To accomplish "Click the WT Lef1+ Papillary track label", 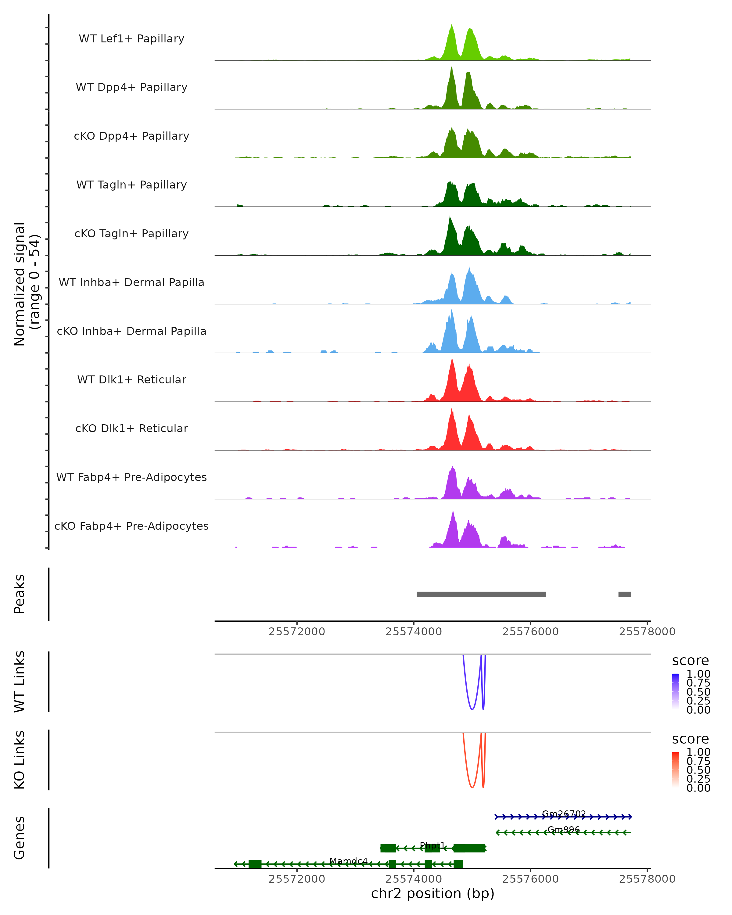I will click(131, 39).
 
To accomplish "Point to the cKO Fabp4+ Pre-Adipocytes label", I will click(131, 526).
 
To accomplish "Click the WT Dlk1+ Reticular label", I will click(131, 379).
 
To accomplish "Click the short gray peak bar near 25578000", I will click(625, 594).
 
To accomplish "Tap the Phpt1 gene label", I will click(432, 845).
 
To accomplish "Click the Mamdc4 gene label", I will click(348, 861).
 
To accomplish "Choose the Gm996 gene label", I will click(564, 830).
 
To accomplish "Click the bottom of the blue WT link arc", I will click(472, 709).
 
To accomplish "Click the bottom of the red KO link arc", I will click(472, 787).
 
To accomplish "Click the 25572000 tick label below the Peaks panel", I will click(297, 632).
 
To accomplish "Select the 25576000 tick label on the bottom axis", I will click(530, 878).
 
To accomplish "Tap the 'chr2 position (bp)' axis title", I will click(432, 894).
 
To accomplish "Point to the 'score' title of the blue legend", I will click(691, 660).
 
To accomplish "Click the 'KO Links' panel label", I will click(20, 760).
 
